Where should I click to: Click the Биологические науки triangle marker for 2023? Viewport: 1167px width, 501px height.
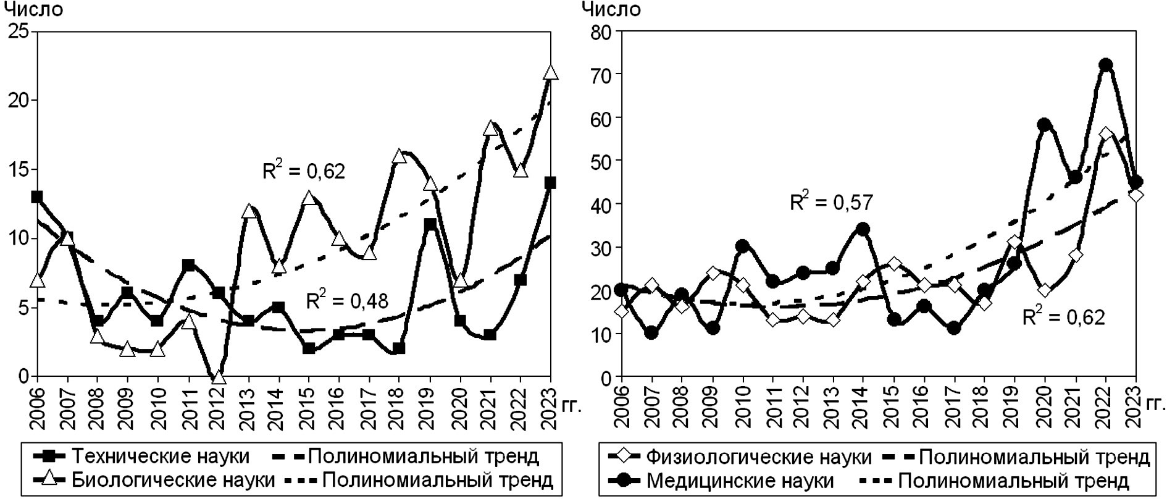coord(550,73)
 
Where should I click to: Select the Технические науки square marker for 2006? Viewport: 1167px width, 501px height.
coord(37,197)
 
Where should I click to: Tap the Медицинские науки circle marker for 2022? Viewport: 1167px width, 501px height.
coord(1106,65)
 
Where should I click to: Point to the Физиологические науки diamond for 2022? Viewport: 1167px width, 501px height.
coord(1106,134)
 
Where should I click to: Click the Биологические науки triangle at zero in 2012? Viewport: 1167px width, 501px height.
coord(218,377)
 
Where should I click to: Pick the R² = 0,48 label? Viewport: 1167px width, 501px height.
coord(347,301)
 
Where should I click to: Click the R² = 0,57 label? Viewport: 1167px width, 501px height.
coord(832,201)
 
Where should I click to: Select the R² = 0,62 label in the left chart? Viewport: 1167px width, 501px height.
coord(304,171)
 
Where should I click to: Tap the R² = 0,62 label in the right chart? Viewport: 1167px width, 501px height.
coord(1063,318)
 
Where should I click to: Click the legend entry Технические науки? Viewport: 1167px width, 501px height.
coord(161,457)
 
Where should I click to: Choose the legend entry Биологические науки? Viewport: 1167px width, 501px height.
coord(174,480)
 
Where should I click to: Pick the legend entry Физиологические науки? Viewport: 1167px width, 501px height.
coord(759,457)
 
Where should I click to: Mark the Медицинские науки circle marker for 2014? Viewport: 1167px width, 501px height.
coord(863,230)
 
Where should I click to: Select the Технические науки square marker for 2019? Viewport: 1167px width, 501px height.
coord(430,224)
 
